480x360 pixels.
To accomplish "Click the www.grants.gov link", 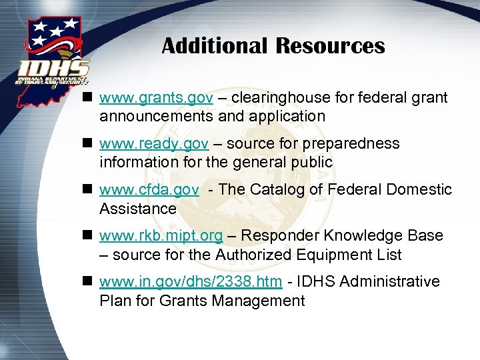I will [x=156, y=98].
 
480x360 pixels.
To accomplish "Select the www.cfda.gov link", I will [x=149, y=190].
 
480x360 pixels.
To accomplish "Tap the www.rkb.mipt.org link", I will [x=161, y=236].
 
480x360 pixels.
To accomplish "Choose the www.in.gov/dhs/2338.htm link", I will [x=190, y=282].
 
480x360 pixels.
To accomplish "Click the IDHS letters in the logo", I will [x=53, y=69].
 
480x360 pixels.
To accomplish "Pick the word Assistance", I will [x=138, y=209].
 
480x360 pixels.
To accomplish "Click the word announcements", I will [x=155, y=117].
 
